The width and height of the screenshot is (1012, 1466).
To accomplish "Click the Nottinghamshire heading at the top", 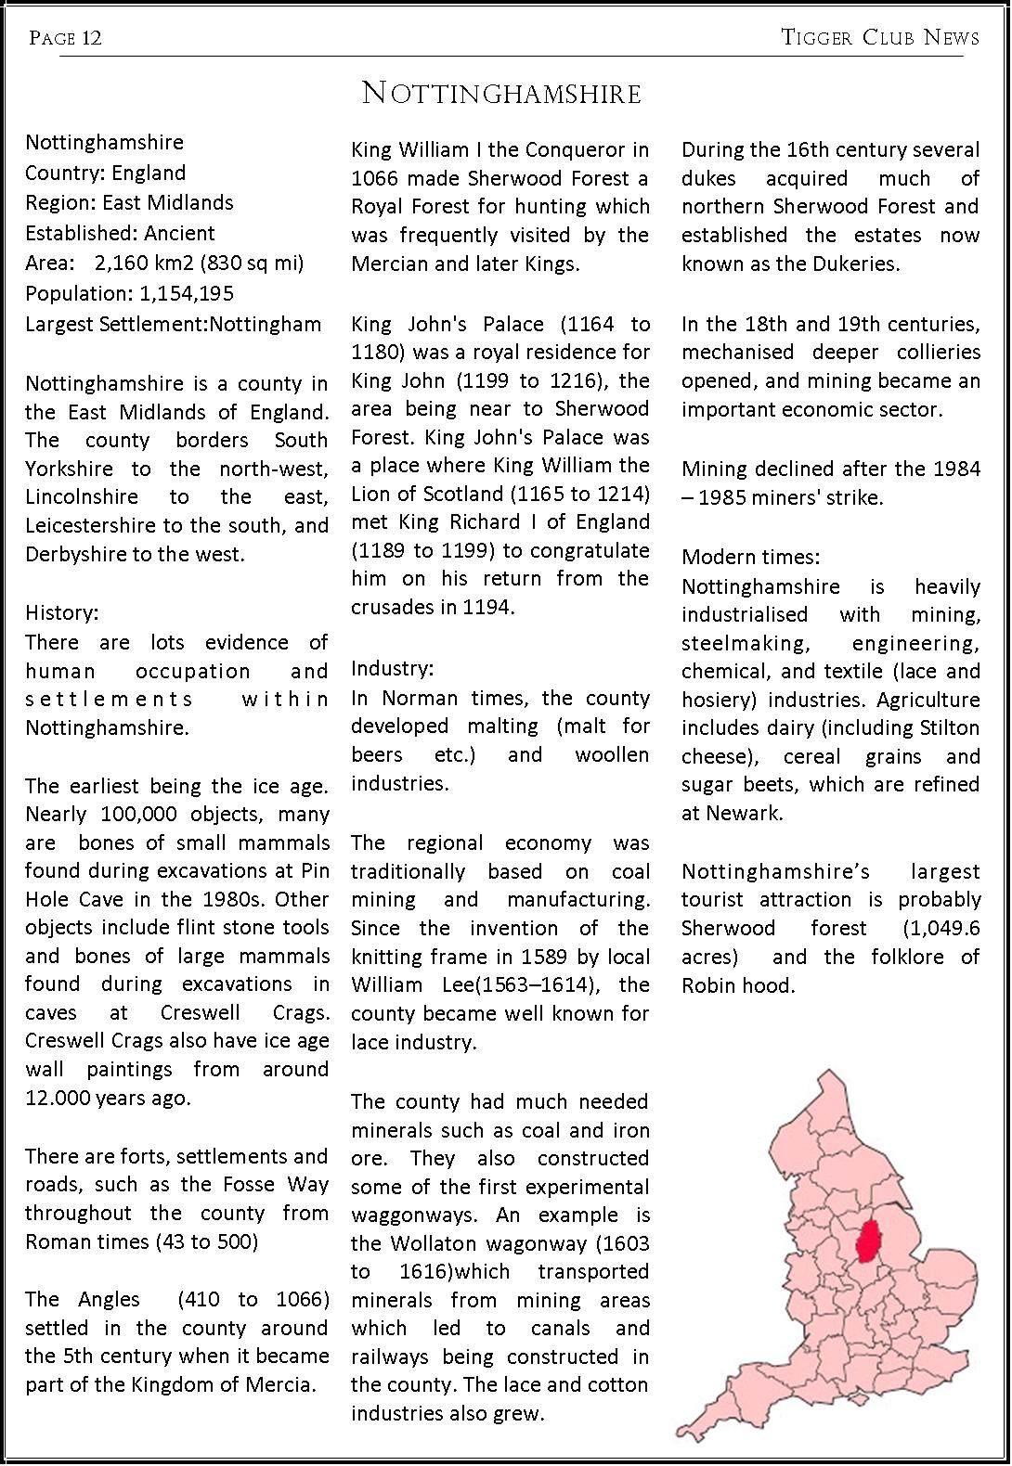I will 501,94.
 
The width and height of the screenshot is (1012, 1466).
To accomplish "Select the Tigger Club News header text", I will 879,37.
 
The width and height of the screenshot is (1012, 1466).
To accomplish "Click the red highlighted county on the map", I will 869,1241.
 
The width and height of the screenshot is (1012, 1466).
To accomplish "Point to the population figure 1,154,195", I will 187,294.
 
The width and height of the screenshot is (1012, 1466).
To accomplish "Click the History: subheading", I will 62,613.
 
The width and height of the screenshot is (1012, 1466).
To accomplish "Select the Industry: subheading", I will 392,669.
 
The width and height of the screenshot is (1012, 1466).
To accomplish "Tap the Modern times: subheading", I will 750,558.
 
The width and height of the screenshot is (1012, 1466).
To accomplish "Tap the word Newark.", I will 741,814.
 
